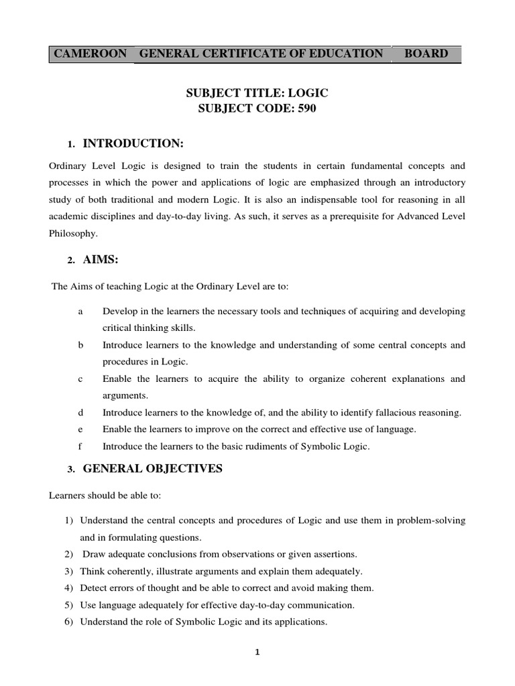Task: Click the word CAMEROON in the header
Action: (90, 54)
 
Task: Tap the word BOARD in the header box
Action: (426, 54)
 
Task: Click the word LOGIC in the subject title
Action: (306, 94)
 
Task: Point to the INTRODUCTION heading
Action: (133, 143)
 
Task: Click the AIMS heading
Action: (101, 260)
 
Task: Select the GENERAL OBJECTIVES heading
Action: (152, 469)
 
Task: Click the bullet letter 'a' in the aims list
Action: (80, 312)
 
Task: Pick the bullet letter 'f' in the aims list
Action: (80, 446)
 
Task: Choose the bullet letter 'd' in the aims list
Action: (80, 413)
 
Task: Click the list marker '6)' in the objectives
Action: (69, 622)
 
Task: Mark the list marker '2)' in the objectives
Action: (69, 553)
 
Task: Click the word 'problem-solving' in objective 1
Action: (433, 521)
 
